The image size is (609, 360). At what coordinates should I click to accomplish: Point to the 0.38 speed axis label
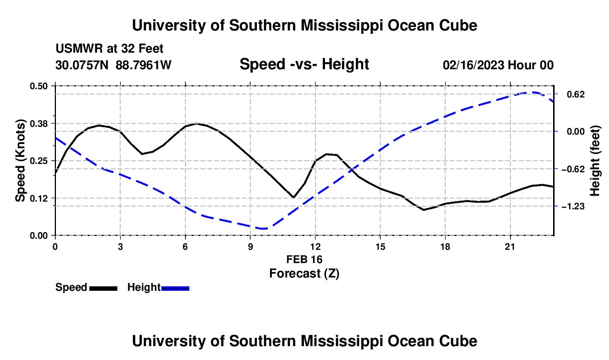tap(38, 124)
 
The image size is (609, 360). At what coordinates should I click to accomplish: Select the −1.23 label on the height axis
tap(573, 207)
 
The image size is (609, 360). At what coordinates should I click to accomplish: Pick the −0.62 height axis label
tap(573, 169)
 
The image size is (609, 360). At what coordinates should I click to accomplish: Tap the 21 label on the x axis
tap(510, 246)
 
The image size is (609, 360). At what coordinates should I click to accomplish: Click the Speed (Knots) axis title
tap(20, 161)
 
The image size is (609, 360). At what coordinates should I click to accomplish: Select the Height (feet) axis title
tap(595, 161)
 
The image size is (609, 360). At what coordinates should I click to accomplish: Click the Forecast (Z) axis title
tap(304, 274)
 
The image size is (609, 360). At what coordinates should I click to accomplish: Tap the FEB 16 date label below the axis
tap(304, 259)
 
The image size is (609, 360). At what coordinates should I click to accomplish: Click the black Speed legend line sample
tap(104, 289)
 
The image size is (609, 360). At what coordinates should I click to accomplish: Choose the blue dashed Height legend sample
tap(175, 289)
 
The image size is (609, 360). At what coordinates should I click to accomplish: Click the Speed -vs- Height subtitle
tap(304, 64)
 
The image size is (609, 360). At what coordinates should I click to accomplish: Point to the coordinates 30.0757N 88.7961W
tap(113, 65)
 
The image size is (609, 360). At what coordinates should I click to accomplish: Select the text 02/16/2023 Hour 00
tap(498, 65)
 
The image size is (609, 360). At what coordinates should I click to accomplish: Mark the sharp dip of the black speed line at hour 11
tap(293, 197)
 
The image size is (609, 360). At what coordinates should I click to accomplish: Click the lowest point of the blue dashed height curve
tap(264, 229)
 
